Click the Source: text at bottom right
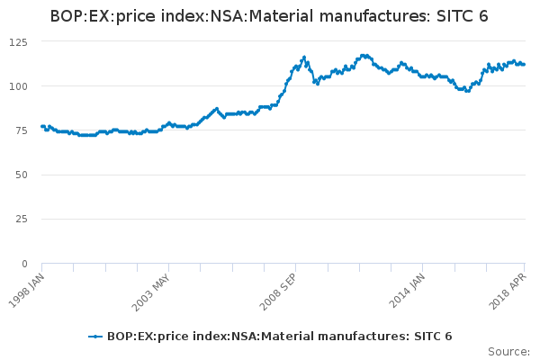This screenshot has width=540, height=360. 508,351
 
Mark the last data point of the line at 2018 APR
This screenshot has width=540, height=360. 525,64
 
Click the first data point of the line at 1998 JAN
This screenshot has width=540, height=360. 42,126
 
